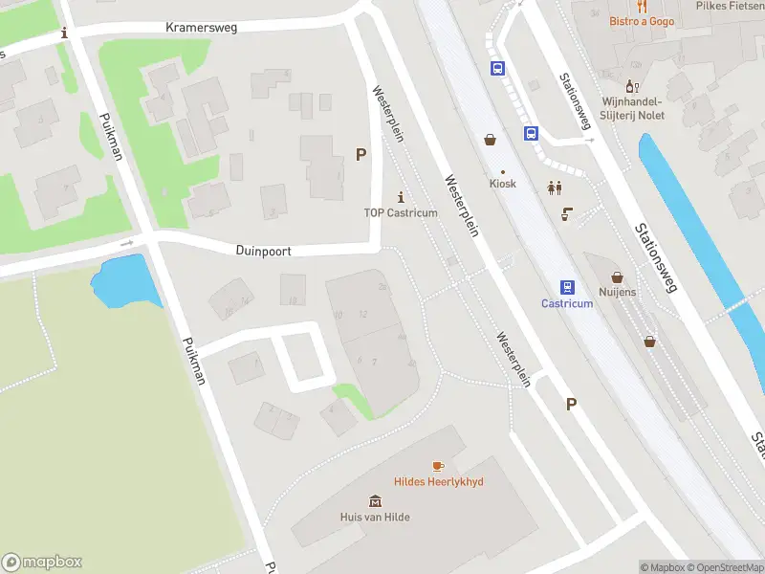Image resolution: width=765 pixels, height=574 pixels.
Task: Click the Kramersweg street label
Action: (201, 28)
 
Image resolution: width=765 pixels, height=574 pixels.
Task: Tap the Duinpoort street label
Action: (263, 251)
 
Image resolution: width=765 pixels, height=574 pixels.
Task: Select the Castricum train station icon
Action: (567, 287)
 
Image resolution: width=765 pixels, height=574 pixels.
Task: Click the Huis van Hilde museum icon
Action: (376, 501)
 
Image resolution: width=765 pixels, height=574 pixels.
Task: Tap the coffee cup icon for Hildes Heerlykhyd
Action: (438, 466)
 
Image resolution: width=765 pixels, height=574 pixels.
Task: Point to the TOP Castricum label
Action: (400, 212)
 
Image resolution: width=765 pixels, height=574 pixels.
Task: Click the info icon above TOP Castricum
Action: (400, 196)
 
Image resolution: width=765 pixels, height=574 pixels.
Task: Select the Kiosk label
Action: (502, 184)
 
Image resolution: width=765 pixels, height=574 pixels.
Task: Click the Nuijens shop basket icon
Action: (617, 276)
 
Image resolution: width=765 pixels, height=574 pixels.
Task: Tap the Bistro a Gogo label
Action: (642, 21)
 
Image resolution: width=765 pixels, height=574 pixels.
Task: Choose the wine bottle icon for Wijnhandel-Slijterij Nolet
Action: (632, 86)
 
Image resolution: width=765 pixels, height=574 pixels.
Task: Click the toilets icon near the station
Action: (554, 188)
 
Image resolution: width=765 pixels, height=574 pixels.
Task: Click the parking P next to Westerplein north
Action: (361, 154)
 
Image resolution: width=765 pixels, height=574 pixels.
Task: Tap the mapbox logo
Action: (41, 563)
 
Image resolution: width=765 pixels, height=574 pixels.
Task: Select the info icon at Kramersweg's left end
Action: (64, 33)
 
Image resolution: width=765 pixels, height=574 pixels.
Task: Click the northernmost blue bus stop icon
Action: (497, 68)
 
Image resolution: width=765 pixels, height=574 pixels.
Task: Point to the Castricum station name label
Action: (567, 303)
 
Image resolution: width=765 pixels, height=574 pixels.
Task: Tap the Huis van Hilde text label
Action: (375, 517)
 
